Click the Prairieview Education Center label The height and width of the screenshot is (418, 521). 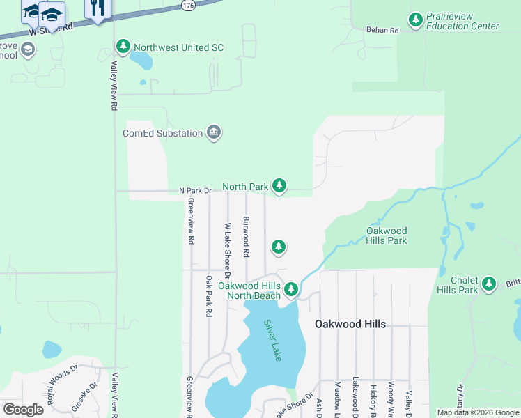(x=462, y=21)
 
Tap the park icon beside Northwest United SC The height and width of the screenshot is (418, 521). (x=124, y=47)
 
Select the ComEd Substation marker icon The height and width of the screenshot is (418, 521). (x=214, y=133)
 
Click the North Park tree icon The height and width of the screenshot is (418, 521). (x=279, y=185)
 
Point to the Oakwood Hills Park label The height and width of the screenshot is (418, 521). (x=387, y=235)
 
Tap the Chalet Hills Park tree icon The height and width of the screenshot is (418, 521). (x=490, y=284)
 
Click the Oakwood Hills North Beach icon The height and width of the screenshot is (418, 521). (x=291, y=289)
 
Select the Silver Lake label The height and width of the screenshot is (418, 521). (x=272, y=340)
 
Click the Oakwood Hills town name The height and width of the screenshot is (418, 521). (x=350, y=325)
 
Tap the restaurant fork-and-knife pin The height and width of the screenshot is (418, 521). (x=97, y=8)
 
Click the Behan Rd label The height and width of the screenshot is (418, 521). (x=382, y=30)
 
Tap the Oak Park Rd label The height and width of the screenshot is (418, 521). (x=208, y=296)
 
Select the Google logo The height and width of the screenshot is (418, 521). (x=23, y=410)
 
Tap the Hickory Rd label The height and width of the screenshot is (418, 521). (x=373, y=396)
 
